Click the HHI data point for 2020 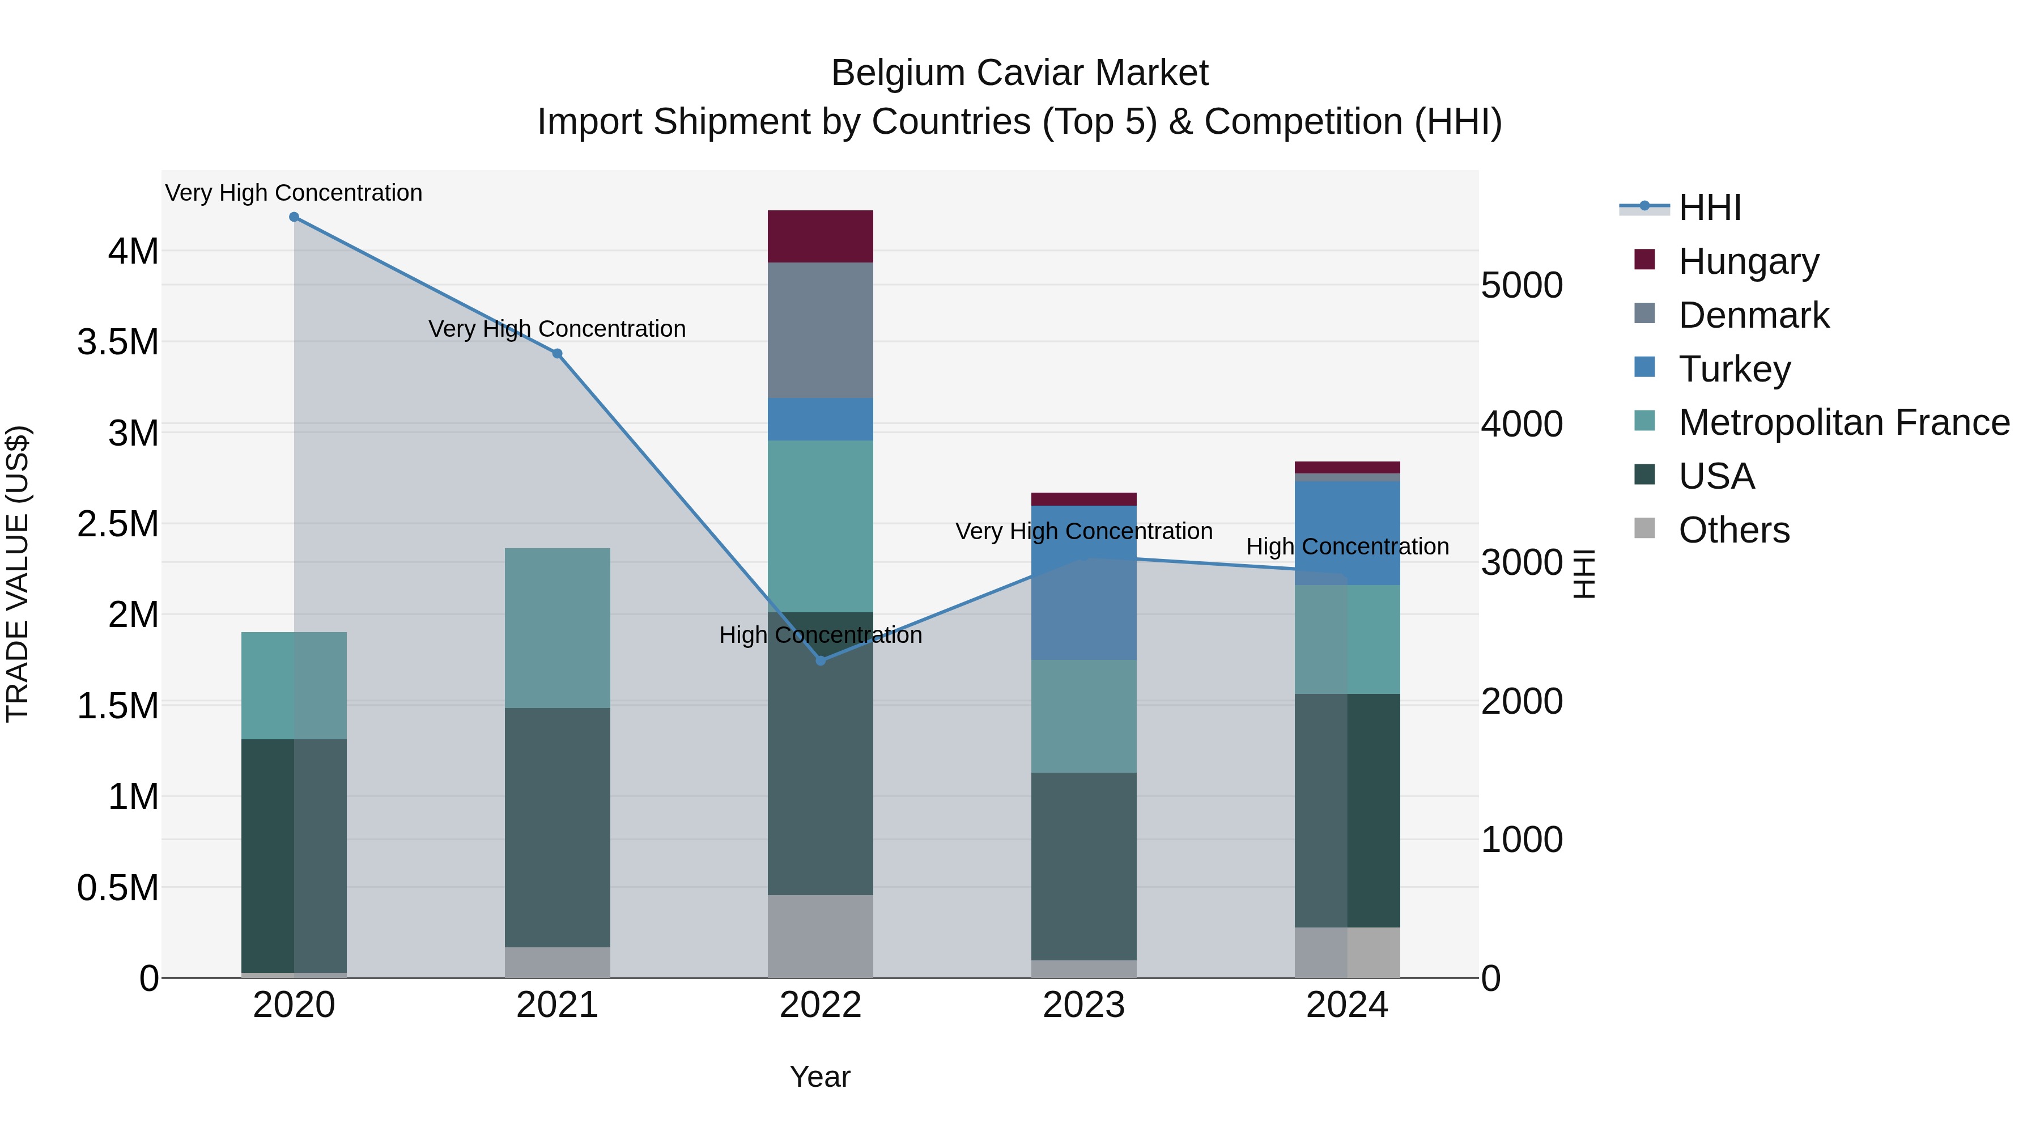294,217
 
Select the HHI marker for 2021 558,353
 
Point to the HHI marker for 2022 821,660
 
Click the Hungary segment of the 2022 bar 821,236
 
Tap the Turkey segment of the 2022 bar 821,419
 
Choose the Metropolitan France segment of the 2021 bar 558,628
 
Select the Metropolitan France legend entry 1843,423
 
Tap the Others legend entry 1733,531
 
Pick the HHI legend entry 1709,207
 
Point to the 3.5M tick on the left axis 118,343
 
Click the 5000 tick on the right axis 1521,286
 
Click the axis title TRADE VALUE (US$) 18,574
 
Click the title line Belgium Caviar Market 1019,73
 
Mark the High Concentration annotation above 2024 1347,547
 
